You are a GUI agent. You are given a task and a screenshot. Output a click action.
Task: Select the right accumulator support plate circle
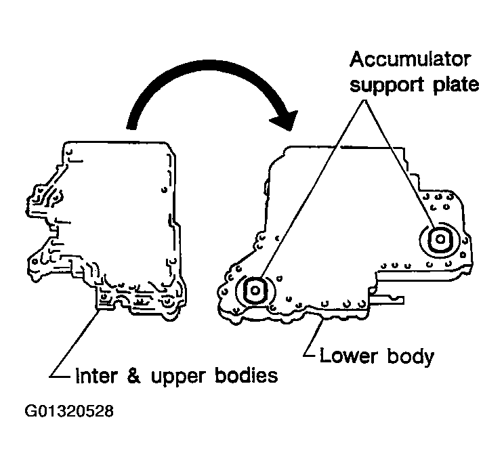437,238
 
